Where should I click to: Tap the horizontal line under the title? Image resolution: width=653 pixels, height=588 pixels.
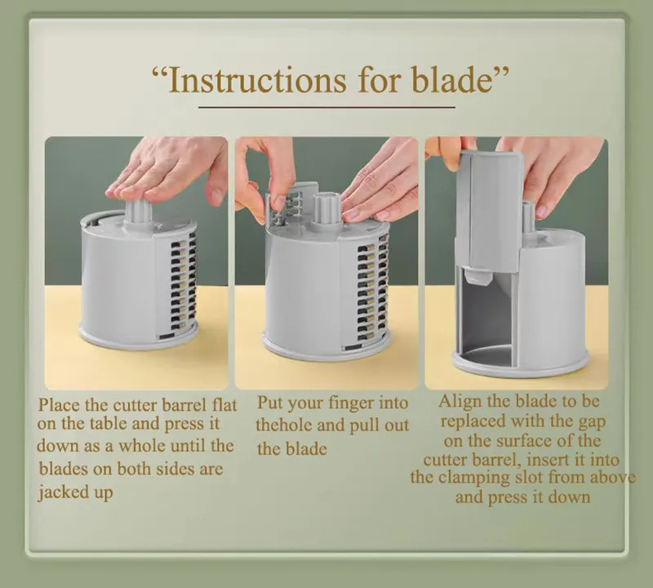326,107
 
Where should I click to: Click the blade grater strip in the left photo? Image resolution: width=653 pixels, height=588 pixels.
185,282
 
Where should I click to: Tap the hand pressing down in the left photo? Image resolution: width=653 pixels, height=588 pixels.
167,167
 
